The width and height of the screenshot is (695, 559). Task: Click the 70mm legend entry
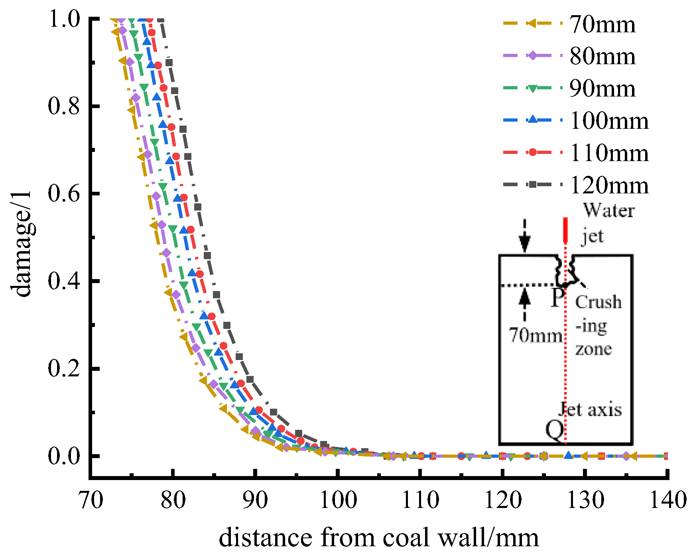click(x=602, y=24)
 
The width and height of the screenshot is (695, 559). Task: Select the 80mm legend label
click(x=602, y=57)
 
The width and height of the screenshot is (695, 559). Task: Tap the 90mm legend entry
click(x=602, y=89)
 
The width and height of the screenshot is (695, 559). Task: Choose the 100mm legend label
click(x=609, y=121)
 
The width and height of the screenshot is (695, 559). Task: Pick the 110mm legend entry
click(x=609, y=153)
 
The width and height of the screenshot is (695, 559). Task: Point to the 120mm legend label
click(x=609, y=185)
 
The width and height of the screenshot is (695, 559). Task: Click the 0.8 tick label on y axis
click(x=64, y=106)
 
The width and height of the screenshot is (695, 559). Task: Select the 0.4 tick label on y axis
click(x=64, y=281)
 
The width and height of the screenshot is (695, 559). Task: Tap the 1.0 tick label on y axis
click(x=64, y=19)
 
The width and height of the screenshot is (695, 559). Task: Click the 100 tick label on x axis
click(x=338, y=500)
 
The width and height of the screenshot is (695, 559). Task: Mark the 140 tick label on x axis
click(x=668, y=500)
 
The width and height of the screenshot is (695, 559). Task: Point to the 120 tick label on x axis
click(x=503, y=500)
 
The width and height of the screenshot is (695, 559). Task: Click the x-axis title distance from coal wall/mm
click(x=379, y=537)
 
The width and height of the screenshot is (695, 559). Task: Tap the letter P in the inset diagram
click(x=557, y=297)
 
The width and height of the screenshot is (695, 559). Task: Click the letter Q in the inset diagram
click(x=555, y=430)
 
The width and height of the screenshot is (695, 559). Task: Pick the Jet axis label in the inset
click(x=590, y=409)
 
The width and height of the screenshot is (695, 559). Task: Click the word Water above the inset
click(x=609, y=211)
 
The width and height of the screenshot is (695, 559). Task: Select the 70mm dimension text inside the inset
click(x=536, y=335)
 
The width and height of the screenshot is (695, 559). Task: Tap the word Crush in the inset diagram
click(x=598, y=302)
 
